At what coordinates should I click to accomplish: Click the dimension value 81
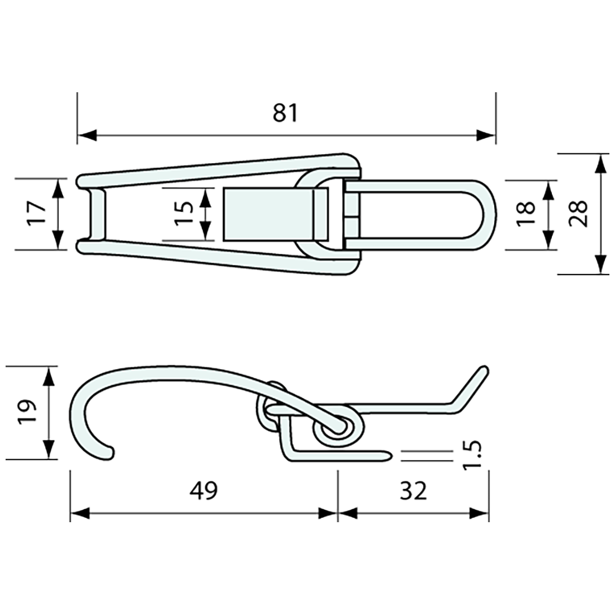tap(286, 113)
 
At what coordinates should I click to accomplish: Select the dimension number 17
tap(37, 214)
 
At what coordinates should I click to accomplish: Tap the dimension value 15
tap(185, 213)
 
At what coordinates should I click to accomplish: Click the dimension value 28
tap(579, 214)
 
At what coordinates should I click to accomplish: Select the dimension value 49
tap(203, 491)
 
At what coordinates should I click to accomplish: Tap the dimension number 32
tap(414, 491)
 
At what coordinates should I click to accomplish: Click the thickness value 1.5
tap(473, 456)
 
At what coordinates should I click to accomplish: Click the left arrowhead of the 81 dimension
tap(87, 135)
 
